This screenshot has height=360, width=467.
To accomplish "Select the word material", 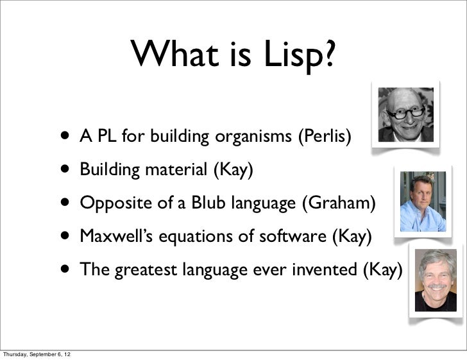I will (176, 170).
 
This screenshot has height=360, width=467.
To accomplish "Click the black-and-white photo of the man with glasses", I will (405, 114).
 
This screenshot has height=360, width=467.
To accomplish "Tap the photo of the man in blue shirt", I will (423, 201).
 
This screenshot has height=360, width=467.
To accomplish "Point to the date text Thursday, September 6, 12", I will (37, 354).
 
